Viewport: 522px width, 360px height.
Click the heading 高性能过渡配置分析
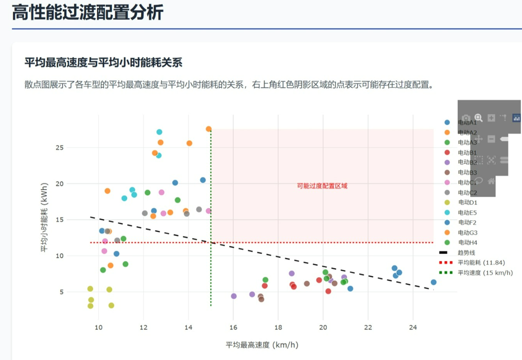coord(88,12)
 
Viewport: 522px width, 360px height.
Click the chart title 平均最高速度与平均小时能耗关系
coord(103,63)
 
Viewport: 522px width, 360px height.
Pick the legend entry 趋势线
coord(466,253)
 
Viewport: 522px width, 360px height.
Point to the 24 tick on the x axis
coord(413,328)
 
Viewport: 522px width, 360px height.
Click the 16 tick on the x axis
coord(233,328)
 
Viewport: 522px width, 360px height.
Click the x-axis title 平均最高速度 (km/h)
coord(262,345)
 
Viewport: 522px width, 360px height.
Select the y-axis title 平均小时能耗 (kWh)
coord(45,217)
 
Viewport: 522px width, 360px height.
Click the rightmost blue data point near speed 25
coord(433,282)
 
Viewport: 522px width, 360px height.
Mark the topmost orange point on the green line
coord(208,129)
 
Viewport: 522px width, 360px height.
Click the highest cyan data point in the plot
coord(159,132)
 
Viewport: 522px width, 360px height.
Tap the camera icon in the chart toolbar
coord(465,118)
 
